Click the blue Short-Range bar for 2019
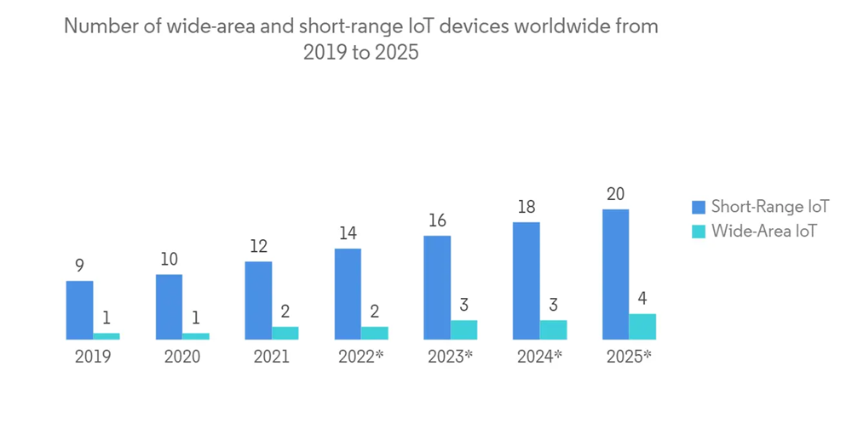tap(79, 310)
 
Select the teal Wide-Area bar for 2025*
tap(642, 327)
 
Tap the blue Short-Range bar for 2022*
tap(348, 294)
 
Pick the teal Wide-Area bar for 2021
tap(285, 333)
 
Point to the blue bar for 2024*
tap(526, 281)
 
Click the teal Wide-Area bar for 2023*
tap(463, 329)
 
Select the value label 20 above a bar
tap(615, 194)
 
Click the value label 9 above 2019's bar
tap(79, 266)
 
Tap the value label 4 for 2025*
tap(642, 299)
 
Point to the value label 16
tap(437, 220)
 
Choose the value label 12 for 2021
tap(258, 247)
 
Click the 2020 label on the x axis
tap(182, 357)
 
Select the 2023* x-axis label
tap(450, 357)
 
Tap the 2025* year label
tap(629, 357)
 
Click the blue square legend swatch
tap(699, 207)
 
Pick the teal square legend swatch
tap(699, 230)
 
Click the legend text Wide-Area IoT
tap(764, 230)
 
